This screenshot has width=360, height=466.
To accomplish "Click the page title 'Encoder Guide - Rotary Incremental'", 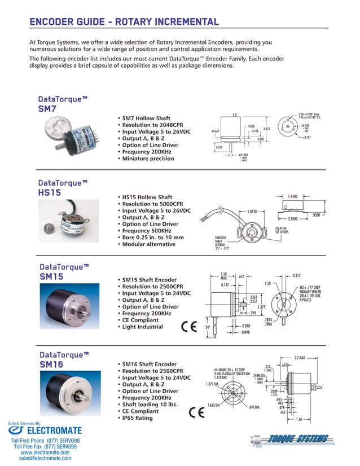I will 124,22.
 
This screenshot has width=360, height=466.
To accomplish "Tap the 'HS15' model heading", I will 50,192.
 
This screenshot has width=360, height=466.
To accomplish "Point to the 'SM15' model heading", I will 51,276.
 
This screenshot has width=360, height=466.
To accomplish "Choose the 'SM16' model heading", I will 51,364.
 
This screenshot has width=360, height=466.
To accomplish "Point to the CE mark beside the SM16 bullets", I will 196,412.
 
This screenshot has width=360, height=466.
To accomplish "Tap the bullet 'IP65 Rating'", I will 138,418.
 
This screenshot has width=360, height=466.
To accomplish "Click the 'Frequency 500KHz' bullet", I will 147,231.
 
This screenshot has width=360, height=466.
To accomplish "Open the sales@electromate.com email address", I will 45,459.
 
